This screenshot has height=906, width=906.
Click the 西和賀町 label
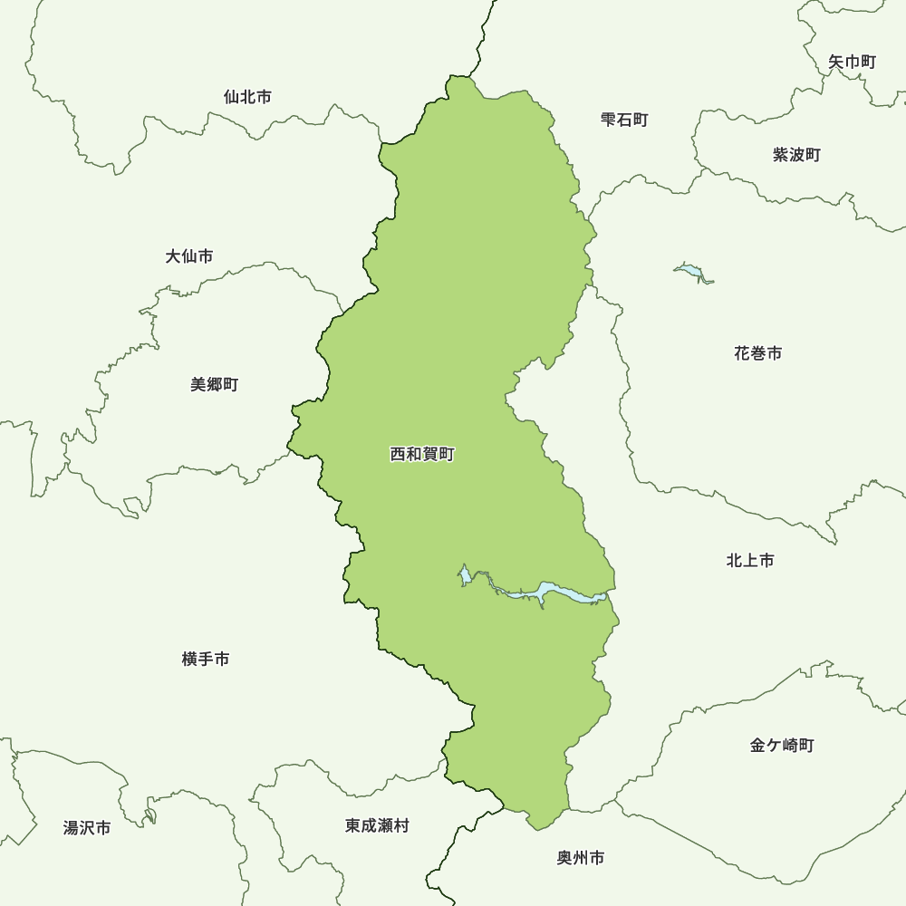[421, 454]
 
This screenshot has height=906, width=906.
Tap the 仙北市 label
[246, 97]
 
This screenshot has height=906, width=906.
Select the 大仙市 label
[189, 257]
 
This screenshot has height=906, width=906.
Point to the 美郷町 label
[214, 385]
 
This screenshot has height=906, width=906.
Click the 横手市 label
[206, 660]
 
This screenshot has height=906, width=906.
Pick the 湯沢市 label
[87, 828]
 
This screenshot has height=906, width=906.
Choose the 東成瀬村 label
[377, 826]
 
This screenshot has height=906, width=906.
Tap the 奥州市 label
[581, 858]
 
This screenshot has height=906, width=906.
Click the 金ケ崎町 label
[782, 746]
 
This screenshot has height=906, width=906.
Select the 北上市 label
[750, 561]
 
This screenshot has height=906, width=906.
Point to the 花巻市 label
[757, 353]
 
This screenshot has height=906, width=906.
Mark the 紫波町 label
[796, 155]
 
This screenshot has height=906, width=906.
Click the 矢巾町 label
[852, 63]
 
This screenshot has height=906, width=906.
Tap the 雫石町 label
[624, 120]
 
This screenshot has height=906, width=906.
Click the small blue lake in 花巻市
[690, 271]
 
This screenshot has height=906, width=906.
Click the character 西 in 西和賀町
[398, 454]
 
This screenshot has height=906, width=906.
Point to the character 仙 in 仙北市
[231, 97]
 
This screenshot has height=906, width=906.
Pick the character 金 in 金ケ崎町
[757, 746]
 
